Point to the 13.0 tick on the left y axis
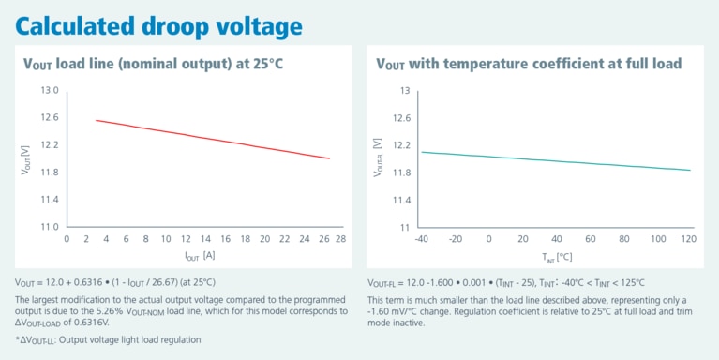(50, 91)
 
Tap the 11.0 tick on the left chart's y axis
(50, 227)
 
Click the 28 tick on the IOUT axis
(340, 239)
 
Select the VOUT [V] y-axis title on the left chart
(26, 159)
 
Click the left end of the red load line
(97, 120)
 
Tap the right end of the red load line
(329, 158)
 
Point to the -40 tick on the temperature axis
(423, 239)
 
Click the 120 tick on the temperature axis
(689, 239)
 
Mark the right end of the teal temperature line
(690, 170)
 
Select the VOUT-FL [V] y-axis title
(378, 159)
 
